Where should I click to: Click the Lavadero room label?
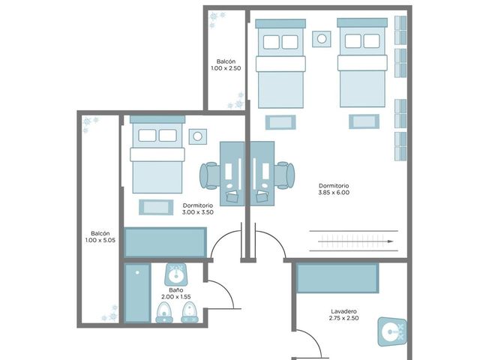click(x=343, y=311)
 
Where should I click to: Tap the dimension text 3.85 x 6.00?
click(x=334, y=193)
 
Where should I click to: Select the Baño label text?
click(x=176, y=290)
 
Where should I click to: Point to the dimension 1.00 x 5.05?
click(x=100, y=240)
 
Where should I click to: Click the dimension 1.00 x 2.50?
click(x=226, y=68)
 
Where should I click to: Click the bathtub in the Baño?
click(x=137, y=293)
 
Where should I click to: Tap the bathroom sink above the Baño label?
click(x=176, y=274)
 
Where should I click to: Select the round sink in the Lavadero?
click(x=392, y=331)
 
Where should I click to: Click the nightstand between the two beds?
click(x=322, y=39)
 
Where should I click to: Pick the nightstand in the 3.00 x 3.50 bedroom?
click(x=198, y=136)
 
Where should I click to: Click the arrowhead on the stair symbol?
click(x=390, y=241)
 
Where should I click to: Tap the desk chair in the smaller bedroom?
click(x=210, y=175)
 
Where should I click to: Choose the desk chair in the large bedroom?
click(x=285, y=175)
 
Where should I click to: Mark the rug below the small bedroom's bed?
click(x=156, y=207)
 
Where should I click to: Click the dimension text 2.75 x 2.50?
click(x=343, y=318)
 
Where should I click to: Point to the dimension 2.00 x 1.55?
click(x=176, y=297)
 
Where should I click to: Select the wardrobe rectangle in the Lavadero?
click(x=337, y=278)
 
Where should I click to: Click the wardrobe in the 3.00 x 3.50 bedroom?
click(x=165, y=241)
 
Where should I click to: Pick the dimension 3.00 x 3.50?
click(x=198, y=212)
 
